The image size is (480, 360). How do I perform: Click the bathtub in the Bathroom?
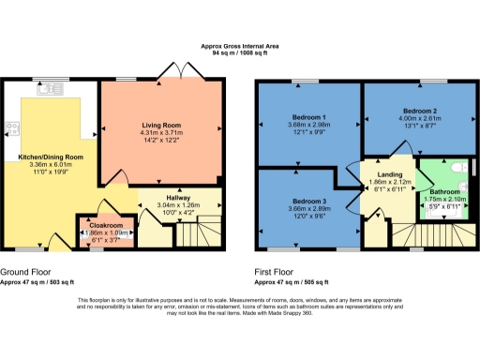(x=439, y=212)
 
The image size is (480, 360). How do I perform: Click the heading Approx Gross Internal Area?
(x=240, y=46)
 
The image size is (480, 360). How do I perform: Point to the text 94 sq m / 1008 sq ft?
(x=240, y=54)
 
